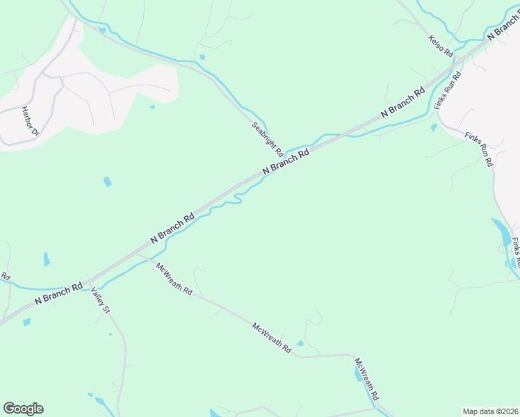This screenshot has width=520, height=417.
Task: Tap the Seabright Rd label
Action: click(268, 138)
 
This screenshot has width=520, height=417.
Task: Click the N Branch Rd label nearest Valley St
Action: click(59, 294)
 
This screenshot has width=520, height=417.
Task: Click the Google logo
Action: click(23, 409)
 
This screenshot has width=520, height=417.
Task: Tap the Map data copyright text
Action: click(491, 411)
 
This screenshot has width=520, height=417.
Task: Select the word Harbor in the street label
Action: click(27, 116)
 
